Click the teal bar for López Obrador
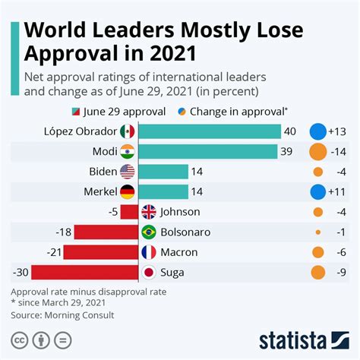click(210, 131)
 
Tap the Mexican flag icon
click(127, 131)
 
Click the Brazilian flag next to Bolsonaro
click(148, 232)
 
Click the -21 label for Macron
click(52, 251)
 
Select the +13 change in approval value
click(339, 131)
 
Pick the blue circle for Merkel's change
click(318, 191)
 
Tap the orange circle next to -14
click(318, 151)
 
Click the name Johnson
click(180, 212)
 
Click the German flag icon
click(127, 191)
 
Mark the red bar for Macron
click(101, 251)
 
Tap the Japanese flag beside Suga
click(148, 272)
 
